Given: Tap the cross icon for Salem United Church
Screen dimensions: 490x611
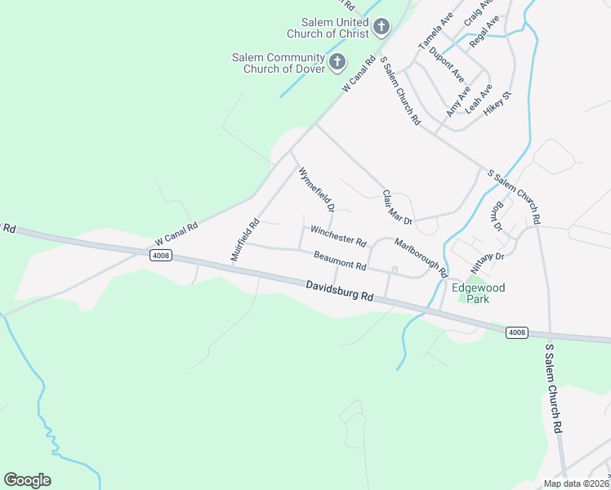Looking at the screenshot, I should [381, 28].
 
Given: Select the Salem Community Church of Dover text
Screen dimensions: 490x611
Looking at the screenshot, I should [278, 63].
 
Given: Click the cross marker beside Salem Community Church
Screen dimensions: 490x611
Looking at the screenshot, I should [337, 61].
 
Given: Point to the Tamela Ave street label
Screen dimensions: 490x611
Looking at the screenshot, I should [435, 31].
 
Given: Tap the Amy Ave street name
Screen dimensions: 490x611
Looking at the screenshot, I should [458, 100].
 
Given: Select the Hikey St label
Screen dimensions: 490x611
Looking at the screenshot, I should [497, 107].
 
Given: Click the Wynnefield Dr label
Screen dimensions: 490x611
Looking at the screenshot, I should [317, 189].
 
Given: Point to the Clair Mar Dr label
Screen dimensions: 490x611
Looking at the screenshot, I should [399, 207].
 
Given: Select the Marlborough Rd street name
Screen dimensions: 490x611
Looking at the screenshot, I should [421, 255].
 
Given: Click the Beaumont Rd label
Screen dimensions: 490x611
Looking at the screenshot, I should [340, 261].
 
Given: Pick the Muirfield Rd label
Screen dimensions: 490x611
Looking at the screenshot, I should [244, 238].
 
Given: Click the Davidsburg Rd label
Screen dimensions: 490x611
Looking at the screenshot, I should [341, 292].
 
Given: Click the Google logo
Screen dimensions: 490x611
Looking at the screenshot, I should [27, 480].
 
